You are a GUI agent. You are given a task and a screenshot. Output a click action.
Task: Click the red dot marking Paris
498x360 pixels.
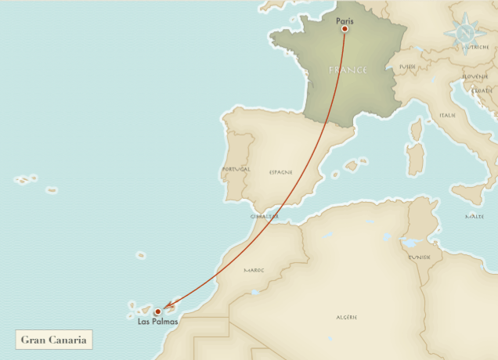point(345,30)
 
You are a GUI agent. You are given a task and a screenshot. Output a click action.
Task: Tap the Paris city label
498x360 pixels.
point(345,20)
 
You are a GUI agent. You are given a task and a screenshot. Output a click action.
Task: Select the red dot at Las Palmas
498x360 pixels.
point(157,311)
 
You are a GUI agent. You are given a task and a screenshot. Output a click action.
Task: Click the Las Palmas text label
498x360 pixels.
point(157,322)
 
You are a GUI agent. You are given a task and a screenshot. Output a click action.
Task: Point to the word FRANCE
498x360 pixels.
point(348,70)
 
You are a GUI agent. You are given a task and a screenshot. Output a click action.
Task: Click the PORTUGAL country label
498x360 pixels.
point(236,169)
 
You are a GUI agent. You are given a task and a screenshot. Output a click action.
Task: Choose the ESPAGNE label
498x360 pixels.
point(280,171)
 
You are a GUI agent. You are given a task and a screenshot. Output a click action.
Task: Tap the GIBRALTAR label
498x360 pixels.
point(265,216)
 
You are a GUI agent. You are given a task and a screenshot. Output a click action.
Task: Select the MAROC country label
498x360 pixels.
point(254,270)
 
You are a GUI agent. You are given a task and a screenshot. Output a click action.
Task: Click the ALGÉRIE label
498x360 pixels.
point(347,317)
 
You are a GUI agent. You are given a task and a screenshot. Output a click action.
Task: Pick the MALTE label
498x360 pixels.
point(474,217)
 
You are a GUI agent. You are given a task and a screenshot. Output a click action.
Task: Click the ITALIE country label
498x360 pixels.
point(448,115)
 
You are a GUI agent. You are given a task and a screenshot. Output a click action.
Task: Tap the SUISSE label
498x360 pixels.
point(407,67)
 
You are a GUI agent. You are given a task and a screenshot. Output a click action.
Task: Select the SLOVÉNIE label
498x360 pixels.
point(475,77)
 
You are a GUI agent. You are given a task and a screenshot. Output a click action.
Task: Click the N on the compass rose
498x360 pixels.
point(464,33)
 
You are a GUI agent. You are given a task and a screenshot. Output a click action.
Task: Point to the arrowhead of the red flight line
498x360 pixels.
point(165,308)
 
